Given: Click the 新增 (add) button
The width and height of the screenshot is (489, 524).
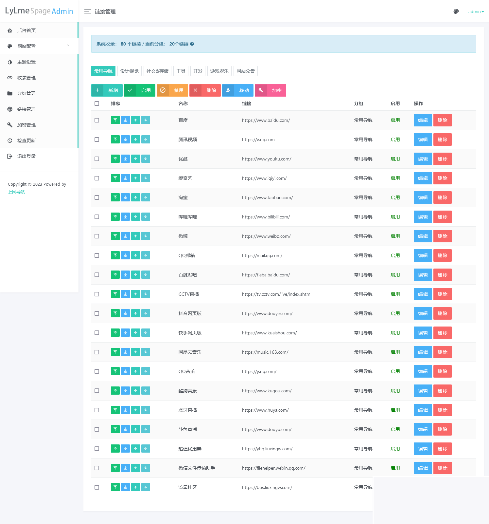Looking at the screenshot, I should point(107,90).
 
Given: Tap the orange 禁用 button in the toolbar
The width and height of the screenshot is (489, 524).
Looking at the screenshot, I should point(172,90).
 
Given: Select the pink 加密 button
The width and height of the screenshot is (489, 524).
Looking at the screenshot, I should point(271,90).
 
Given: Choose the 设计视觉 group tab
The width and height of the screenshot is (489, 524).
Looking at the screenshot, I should point(130,71).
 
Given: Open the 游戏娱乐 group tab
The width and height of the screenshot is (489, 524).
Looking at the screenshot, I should point(219,71).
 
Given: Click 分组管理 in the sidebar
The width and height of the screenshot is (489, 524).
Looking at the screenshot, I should point(26,93).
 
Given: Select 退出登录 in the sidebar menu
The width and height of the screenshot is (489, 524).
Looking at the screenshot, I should point(26,156).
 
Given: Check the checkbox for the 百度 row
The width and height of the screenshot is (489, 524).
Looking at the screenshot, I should point(97,120).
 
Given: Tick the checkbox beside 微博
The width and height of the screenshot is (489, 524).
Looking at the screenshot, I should point(97,236).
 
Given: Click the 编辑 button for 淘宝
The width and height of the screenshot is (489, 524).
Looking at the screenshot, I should point(423,197).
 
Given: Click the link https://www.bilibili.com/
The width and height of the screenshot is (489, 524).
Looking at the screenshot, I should point(266,217).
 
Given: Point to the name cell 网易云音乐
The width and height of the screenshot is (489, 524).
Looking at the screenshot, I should point(190,352).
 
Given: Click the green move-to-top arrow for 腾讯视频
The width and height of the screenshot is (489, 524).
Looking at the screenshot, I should point(115,140).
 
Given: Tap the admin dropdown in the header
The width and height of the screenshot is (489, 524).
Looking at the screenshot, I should point(476,11).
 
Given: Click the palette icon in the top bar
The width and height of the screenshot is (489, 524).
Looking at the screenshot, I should point(456,11).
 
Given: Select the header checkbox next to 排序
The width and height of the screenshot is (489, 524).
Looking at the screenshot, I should point(97,103).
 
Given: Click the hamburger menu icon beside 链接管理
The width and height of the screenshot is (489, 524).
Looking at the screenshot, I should point(87,11).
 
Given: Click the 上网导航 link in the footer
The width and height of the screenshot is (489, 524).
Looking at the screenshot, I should point(16,192).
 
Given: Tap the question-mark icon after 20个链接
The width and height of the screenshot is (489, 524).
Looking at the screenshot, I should point(192,44).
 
